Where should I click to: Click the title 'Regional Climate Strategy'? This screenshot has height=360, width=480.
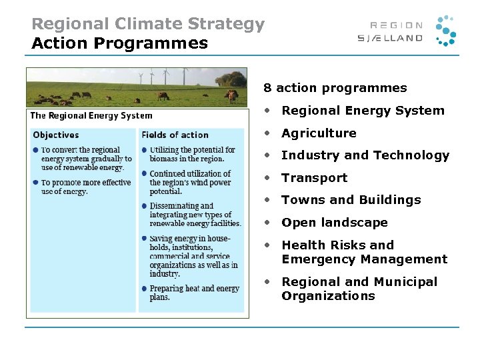(148, 25)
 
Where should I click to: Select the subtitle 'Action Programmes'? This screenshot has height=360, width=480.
(120, 44)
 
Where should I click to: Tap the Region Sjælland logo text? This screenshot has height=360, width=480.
(390, 32)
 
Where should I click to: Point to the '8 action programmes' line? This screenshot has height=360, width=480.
(335, 88)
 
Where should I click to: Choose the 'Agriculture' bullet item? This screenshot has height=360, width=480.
(319, 133)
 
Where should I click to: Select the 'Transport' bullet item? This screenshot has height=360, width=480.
(314, 178)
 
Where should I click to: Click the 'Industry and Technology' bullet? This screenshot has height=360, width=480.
(365, 155)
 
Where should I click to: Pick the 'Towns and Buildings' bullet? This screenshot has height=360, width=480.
(351, 200)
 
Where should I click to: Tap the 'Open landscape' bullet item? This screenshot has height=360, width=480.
(334, 223)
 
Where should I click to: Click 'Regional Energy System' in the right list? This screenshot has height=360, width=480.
(363, 111)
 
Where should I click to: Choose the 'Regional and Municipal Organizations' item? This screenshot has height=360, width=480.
(359, 289)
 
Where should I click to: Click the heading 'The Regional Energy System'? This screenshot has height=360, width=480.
(91, 115)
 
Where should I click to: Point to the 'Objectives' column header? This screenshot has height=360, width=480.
(56, 135)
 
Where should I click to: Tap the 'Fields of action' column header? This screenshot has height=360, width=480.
(175, 135)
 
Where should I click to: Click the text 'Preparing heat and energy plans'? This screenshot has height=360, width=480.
(194, 293)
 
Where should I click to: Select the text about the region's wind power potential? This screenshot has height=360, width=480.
(190, 182)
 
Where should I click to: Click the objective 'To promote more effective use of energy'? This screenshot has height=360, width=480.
(85, 187)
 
